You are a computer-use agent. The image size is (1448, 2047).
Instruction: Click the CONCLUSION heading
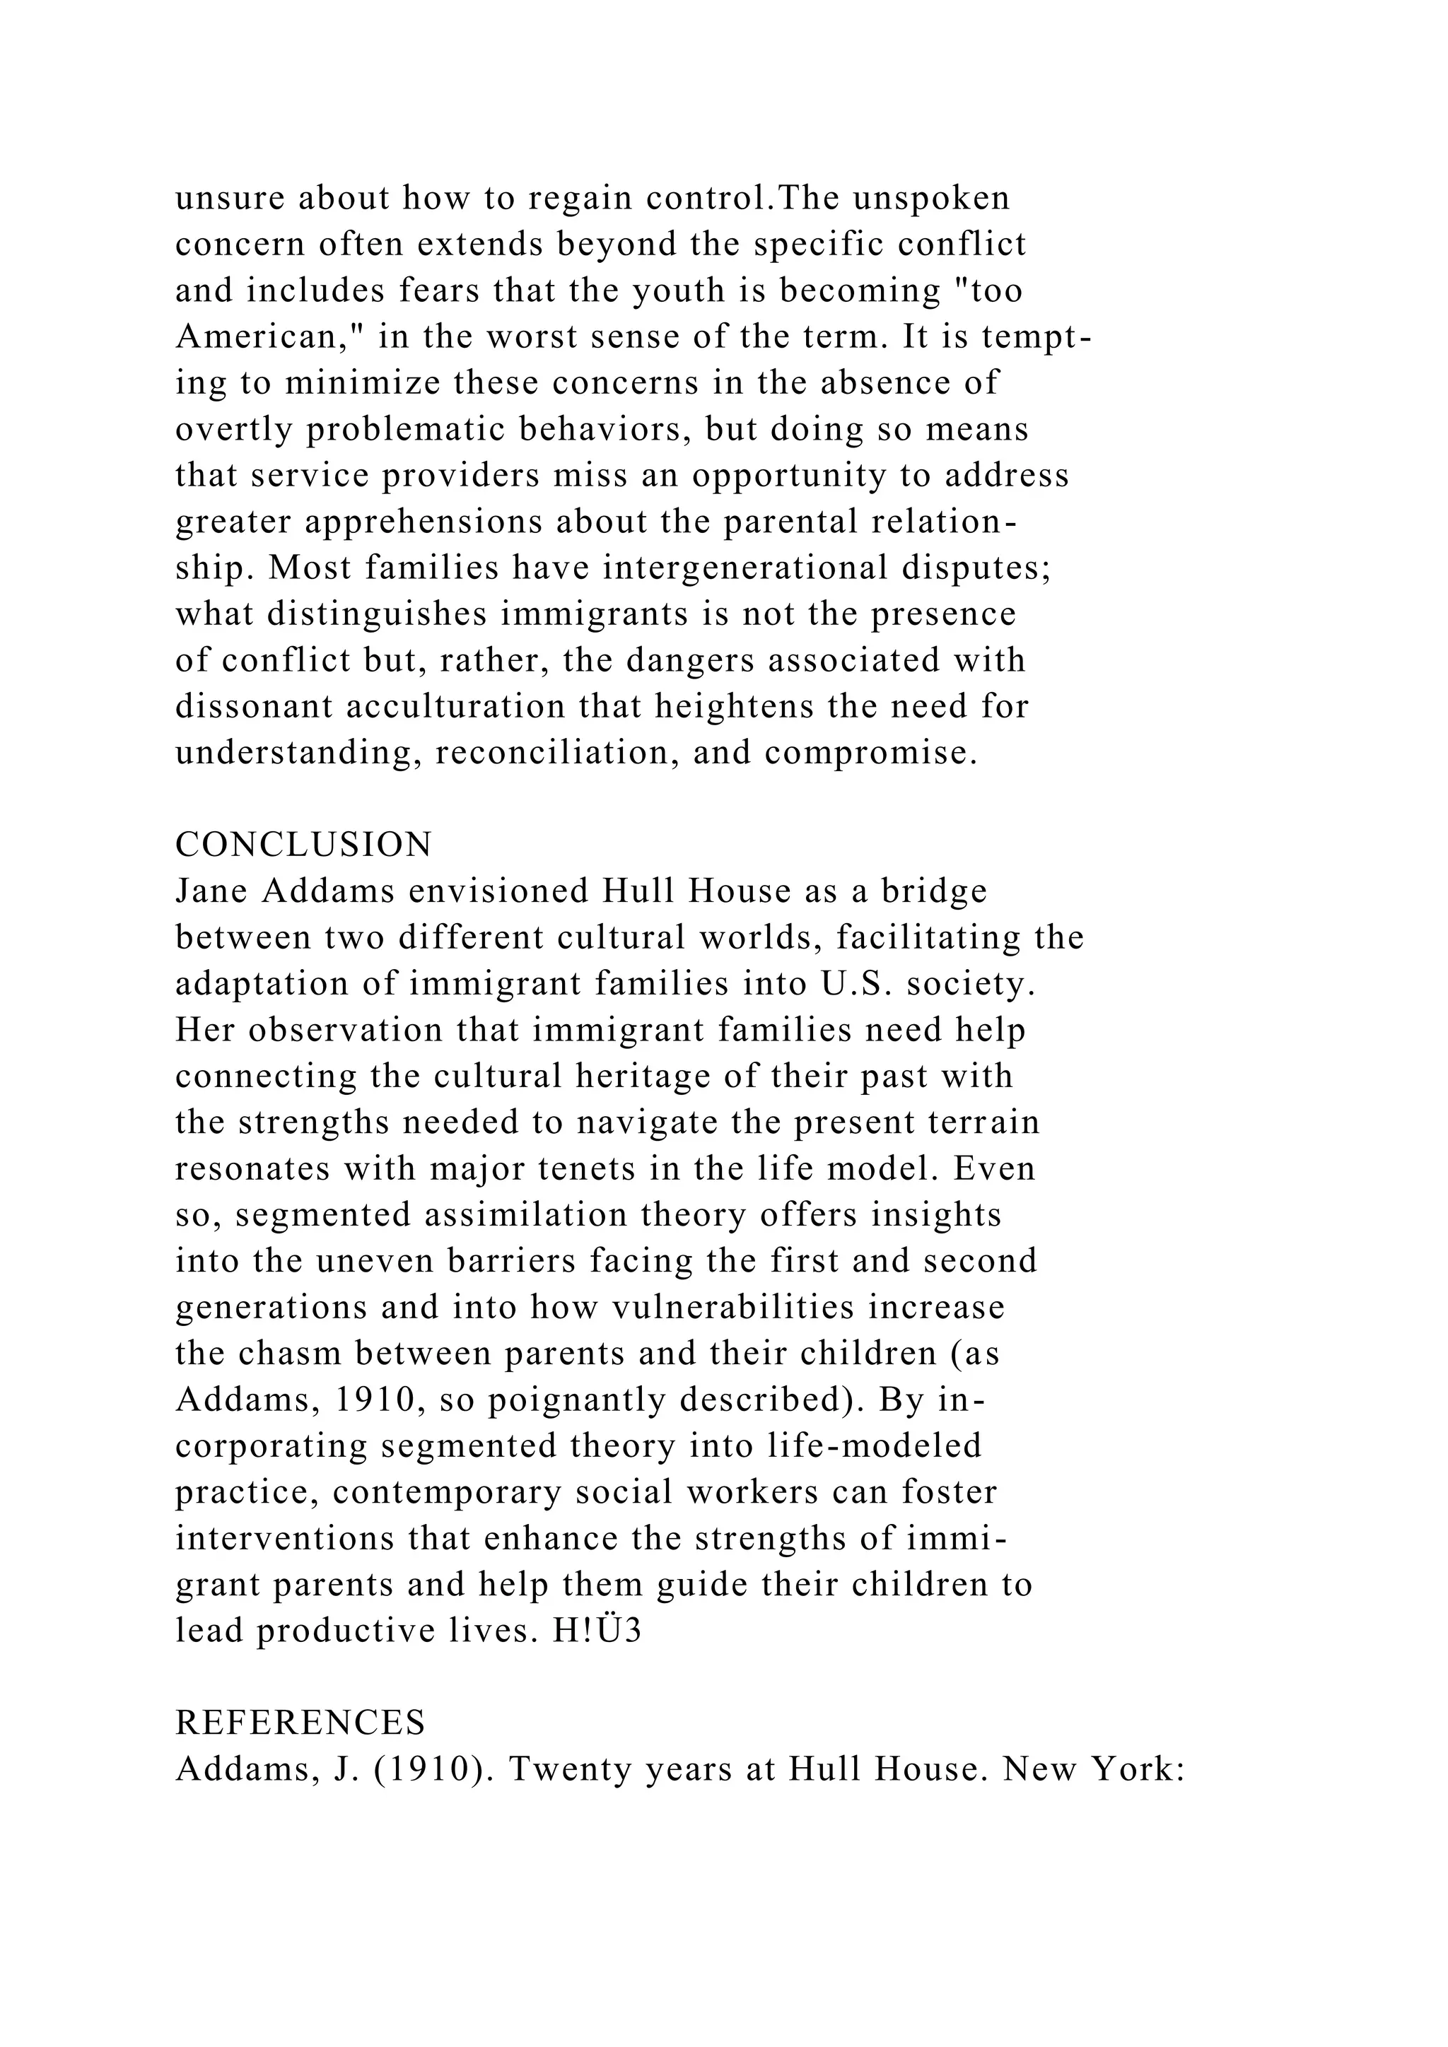pos(303,844)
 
